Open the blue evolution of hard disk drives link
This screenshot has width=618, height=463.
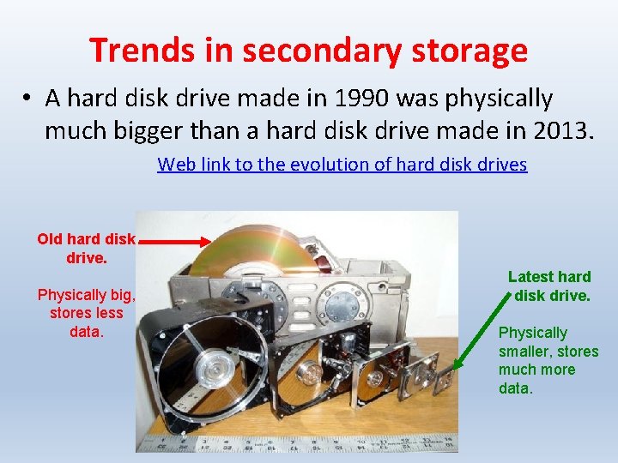342,165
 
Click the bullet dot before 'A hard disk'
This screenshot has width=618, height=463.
28,99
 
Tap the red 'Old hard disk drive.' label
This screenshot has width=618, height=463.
86,247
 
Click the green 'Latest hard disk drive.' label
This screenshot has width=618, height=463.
549,286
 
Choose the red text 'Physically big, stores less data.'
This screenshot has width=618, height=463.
86,313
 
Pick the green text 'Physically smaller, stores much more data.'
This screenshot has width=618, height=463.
548,360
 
